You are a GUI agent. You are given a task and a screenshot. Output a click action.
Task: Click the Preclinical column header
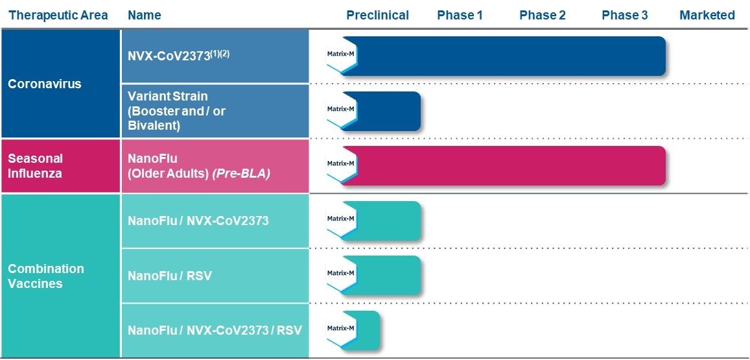click(x=377, y=15)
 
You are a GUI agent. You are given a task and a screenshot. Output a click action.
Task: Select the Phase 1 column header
click(x=460, y=15)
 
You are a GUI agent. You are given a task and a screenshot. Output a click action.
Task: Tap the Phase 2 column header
click(x=542, y=15)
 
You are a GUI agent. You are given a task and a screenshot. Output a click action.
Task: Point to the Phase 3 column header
click(x=624, y=15)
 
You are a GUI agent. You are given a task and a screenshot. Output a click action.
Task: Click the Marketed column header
click(x=707, y=15)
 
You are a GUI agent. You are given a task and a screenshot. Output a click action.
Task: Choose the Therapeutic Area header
click(x=58, y=15)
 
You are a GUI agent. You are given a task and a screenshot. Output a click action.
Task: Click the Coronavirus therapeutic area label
click(x=45, y=84)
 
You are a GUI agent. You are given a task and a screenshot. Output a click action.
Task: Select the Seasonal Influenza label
click(x=36, y=165)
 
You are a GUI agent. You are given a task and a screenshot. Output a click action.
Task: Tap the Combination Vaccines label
click(x=46, y=276)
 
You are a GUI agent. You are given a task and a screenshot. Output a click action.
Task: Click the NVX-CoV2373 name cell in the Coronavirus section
click(x=179, y=55)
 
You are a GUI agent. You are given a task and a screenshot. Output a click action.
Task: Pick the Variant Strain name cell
click(x=176, y=110)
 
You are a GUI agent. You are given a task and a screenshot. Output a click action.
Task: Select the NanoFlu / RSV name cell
click(x=170, y=276)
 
